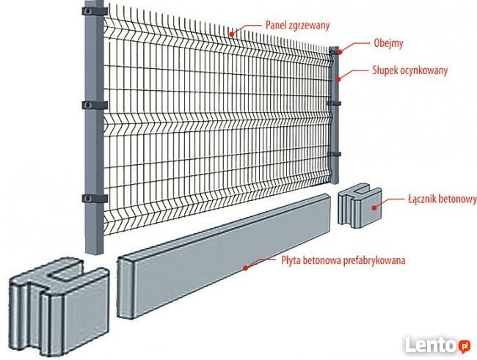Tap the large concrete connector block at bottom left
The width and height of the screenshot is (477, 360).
click(x=59, y=297)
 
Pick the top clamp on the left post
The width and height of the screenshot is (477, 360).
click(x=93, y=12)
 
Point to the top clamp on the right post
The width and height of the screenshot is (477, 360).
click(x=335, y=52)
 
